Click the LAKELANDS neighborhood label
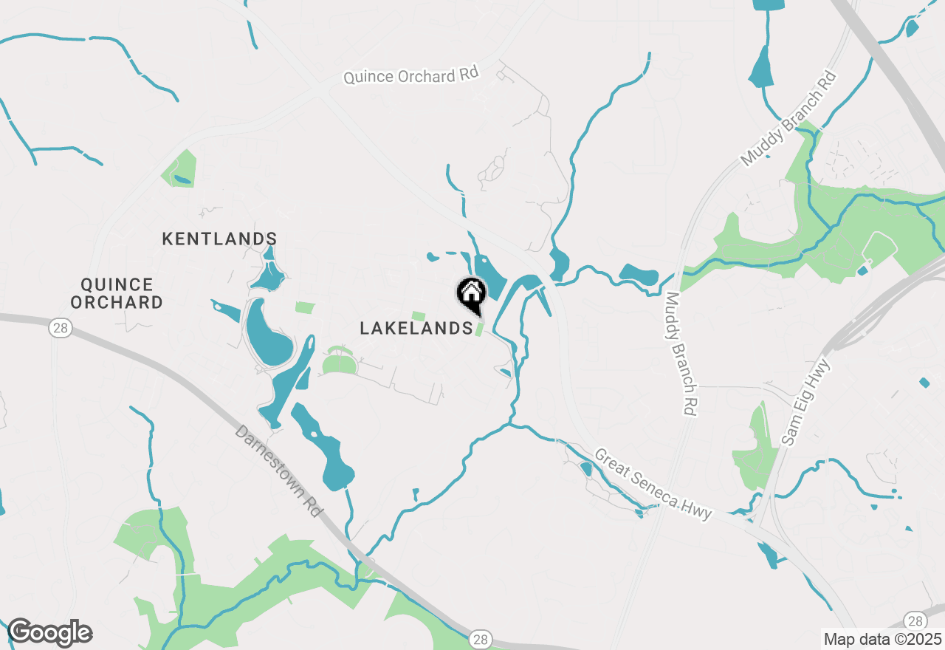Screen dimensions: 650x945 (416, 329)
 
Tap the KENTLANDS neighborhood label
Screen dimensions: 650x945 (219, 239)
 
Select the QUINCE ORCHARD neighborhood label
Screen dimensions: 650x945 (122, 293)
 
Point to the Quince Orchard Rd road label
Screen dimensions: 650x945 (411, 75)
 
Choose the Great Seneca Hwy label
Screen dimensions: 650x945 (653, 485)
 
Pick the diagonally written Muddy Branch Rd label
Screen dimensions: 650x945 (788, 118)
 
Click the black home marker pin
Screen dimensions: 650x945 (471, 294)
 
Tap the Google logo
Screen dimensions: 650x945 (49, 633)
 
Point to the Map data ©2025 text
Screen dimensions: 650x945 (882, 639)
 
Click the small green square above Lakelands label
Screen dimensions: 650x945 (419, 316)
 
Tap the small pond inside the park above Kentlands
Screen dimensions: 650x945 (182, 179)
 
